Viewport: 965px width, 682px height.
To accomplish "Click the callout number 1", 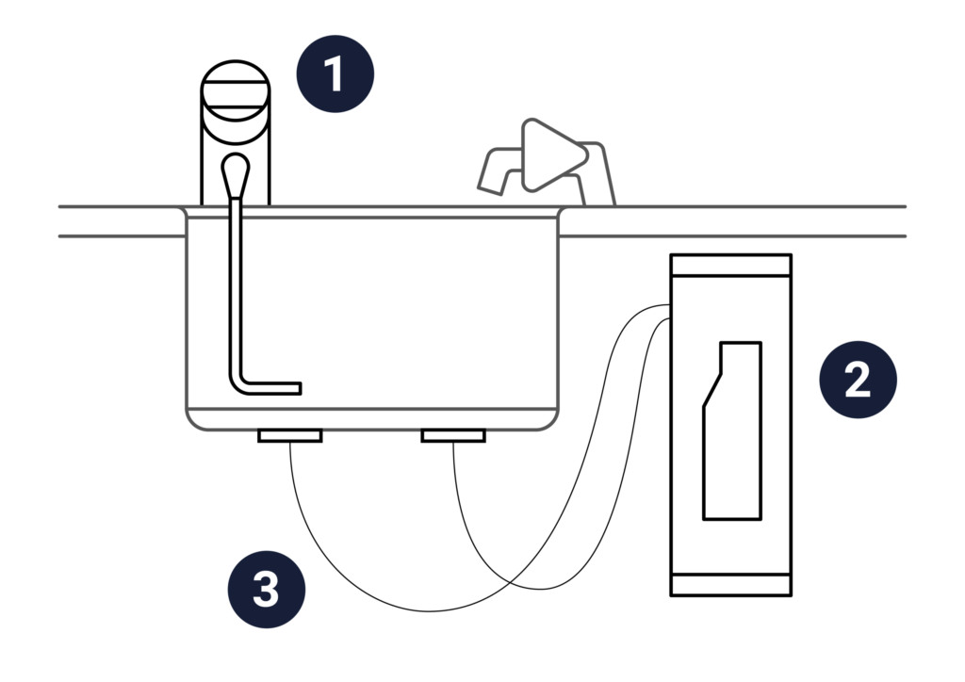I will click(x=334, y=74).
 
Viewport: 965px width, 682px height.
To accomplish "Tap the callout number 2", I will click(x=857, y=381).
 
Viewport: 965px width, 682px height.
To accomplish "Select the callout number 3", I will click(x=266, y=590).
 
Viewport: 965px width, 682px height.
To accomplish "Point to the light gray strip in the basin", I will click(x=429, y=401).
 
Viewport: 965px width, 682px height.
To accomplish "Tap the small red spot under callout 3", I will click(x=280, y=628).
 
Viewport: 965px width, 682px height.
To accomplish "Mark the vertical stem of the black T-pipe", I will click(x=468, y=490).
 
